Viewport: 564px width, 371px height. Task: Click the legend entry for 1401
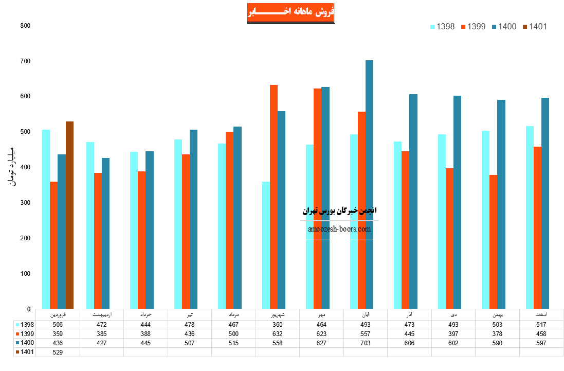534,27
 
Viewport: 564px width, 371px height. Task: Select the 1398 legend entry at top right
442,27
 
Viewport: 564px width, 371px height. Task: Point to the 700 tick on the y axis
25,61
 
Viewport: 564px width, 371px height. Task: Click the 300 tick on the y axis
25,203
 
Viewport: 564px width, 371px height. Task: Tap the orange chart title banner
290,12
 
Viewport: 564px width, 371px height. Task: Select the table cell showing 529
58,352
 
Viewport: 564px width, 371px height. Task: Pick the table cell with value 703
366,343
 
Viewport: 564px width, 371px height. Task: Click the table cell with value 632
278,333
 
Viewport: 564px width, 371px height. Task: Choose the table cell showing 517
541,325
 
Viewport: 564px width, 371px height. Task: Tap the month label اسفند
541,314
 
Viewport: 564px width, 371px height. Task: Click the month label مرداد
233,314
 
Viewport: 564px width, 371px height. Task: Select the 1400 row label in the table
27,343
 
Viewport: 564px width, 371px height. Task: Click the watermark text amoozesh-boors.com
339,229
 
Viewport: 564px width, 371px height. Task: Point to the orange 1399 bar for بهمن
493,242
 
